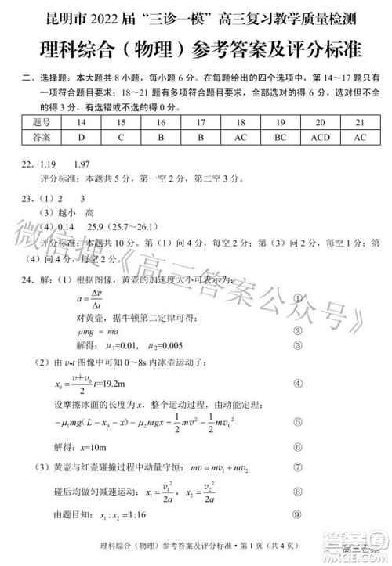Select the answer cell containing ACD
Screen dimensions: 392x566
320,138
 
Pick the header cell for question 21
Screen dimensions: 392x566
360,123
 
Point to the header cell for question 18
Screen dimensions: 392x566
241,123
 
